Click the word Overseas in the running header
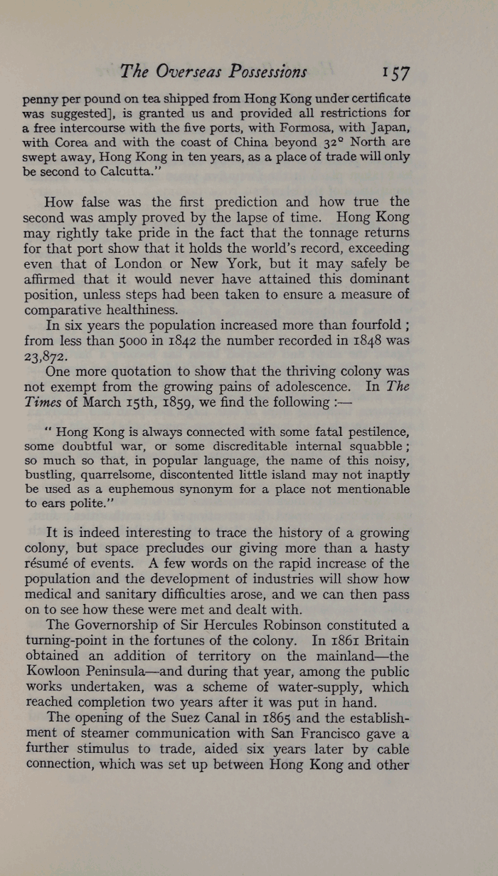point(191,71)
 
